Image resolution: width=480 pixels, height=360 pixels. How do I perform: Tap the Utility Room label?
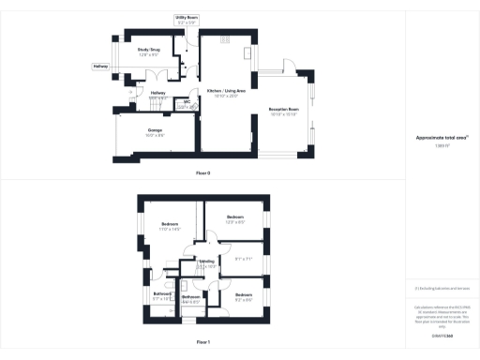[187, 17]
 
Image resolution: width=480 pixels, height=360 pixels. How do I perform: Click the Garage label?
[155, 128]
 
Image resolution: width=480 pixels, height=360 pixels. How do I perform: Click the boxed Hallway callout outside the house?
[99, 67]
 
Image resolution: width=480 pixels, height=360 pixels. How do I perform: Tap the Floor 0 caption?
[202, 173]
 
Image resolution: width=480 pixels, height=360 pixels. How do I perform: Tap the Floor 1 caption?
[202, 344]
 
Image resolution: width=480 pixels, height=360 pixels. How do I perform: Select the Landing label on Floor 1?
[207, 262]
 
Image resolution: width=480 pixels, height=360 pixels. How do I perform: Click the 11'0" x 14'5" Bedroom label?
[170, 225]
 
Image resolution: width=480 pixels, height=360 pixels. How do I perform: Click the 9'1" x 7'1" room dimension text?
[243, 259]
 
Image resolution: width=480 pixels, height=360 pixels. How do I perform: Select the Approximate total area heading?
[442, 137]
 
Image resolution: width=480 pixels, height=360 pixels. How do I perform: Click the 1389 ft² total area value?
[442, 146]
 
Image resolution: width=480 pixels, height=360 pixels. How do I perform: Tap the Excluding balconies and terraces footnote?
[442, 288]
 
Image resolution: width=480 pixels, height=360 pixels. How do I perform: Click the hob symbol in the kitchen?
[225, 39]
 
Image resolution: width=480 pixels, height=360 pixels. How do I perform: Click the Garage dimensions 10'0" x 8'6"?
[155, 136]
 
